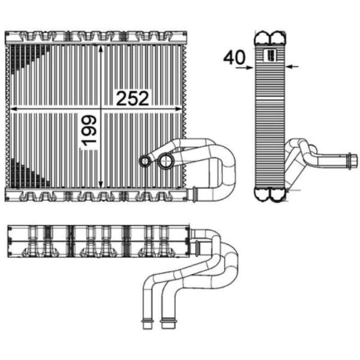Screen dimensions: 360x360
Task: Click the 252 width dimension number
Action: coord(133,98)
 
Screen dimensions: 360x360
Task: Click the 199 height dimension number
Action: coord(89,130)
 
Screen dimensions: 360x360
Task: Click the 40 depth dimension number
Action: coord(234,58)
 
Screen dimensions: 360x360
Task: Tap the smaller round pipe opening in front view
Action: coord(145,162)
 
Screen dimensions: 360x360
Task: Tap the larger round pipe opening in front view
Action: coord(166,161)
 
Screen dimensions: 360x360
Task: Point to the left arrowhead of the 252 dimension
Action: coord(14,109)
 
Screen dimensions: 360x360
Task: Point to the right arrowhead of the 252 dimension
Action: coord(179,109)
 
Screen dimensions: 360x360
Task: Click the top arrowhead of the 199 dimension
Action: coord(100,49)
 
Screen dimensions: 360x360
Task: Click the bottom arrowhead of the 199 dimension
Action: coord(100,184)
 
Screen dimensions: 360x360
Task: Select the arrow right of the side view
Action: coord(292,67)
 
